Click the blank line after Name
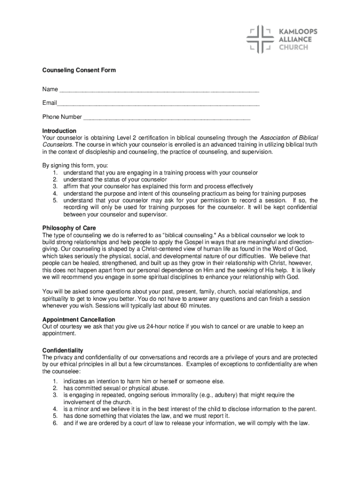pyautogui.click(x=159, y=89)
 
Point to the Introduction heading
pyautogui.click(x=59, y=131)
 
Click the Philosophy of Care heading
pyautogui.click(x=69, y=228)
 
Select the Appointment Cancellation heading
pyautogui.click(x=79, y=319)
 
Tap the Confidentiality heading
pyautogui.click(x=63, y=350)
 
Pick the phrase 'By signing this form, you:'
pyautogui.click(x=75, y=165)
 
